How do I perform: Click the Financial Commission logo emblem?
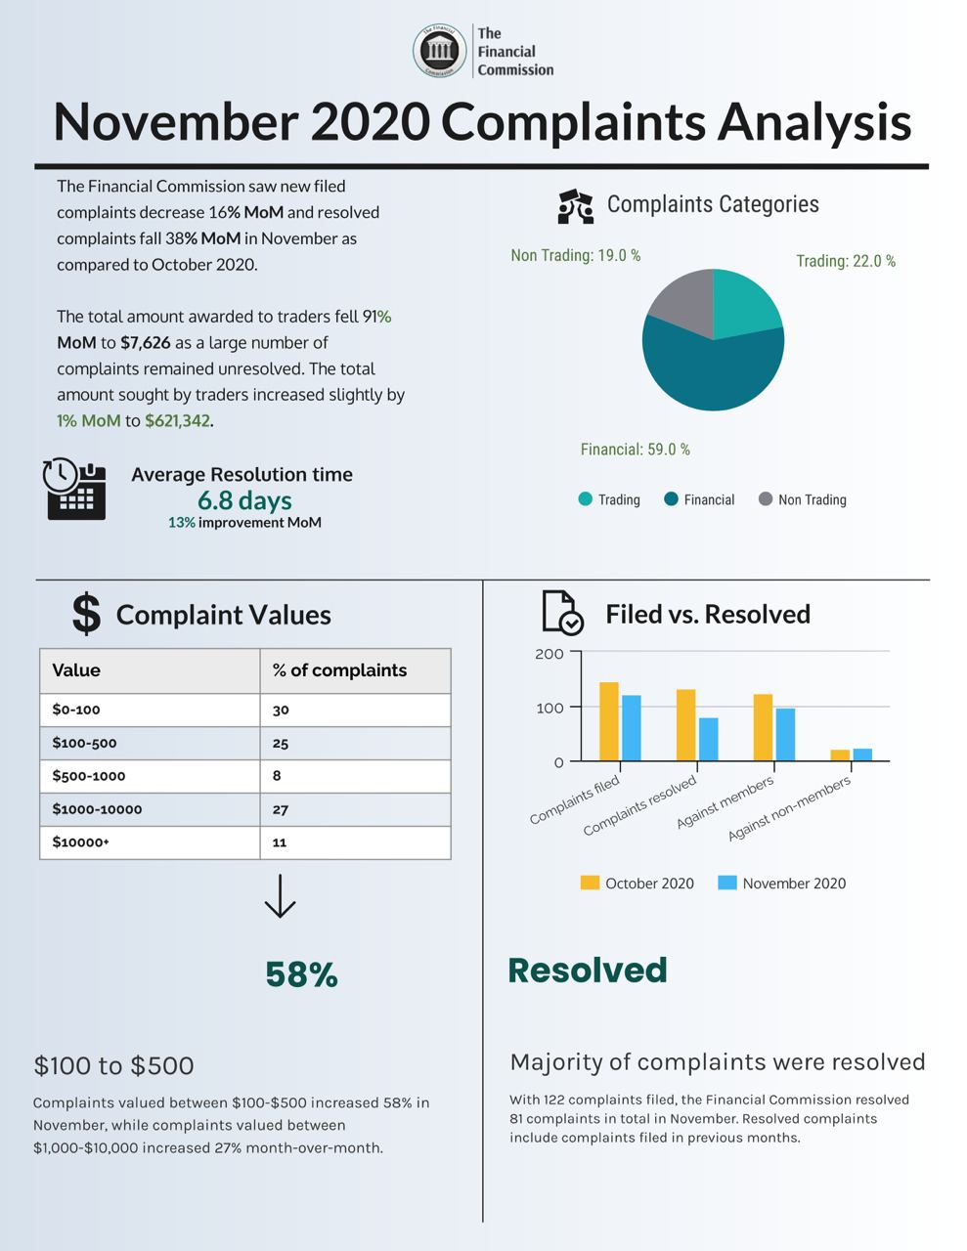click(439, 51)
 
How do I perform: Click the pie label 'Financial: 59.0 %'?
click(635, 450)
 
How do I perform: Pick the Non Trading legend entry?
click(803, 499)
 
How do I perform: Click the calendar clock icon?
click(74, 488)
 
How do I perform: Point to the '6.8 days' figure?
click(244, 500)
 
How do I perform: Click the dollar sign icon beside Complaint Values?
click(86, 614)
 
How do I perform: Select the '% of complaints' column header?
click(339, 670)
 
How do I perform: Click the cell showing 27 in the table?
click(281, 809)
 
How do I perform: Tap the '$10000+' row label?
click(80, 842)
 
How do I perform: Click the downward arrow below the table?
click(280, 895)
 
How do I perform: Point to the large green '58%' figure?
click(301, 974)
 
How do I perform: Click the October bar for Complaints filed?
click(608, 721)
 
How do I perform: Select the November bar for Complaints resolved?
click(708, 739)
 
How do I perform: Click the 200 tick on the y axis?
click(549, 654)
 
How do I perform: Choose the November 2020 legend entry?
click(781, 884)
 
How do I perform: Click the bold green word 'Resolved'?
click(587, 971)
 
